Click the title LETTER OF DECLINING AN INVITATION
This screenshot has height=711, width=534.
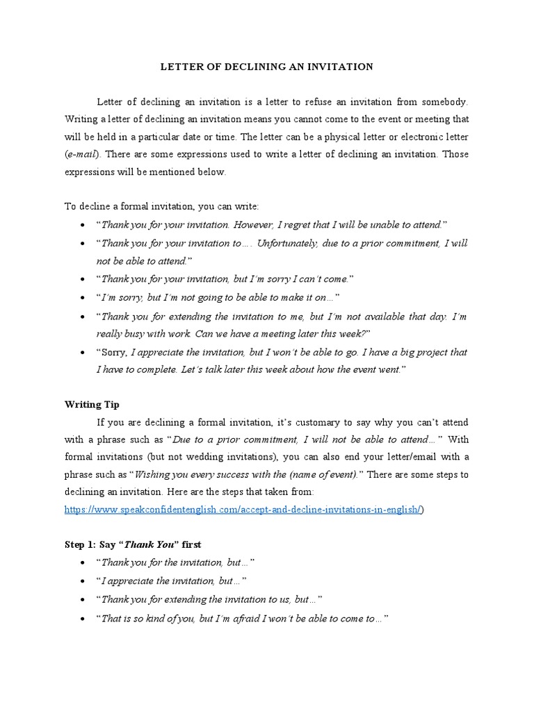tap(268, 67)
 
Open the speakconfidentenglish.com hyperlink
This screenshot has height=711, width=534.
tap(243, 509)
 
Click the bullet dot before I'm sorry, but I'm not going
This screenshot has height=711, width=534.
tap(83, 297)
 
